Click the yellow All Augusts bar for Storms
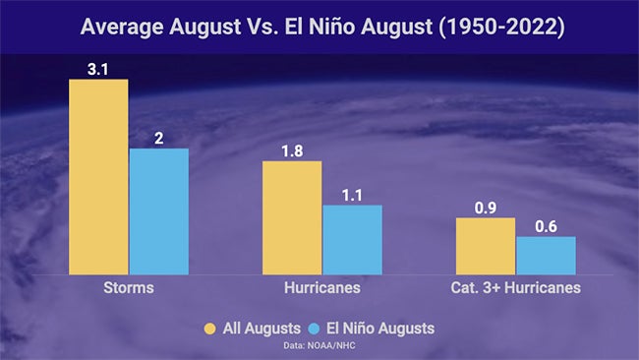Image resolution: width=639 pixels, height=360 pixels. [x=98, y=176]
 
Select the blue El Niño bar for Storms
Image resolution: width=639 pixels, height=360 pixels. [x=158, y=210]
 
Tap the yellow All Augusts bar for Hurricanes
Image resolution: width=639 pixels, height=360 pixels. [x=291, y=217]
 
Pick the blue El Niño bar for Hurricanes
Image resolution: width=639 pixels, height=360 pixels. [x=352, y=239]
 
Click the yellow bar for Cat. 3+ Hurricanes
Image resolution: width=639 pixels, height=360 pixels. [x=487, y=246]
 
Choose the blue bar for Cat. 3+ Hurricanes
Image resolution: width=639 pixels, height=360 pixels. [x=546, y=255]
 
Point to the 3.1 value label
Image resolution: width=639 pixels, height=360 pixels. [x=98, y=67]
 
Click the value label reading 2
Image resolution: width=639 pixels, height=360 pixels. [x=158, y=137]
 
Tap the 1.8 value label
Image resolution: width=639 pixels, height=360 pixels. [x=291, y=149]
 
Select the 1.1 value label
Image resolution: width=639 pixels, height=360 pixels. [x=352, y=193]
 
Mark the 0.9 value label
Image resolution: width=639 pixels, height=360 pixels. [x=487, y=206]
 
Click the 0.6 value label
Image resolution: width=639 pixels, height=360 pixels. [x=546, y=224]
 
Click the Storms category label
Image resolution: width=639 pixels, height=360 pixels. [x=128, y=289]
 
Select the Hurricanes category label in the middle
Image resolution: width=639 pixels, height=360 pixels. [x=321, y=289]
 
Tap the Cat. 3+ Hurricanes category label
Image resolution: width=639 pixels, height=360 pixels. [x=516, y=289]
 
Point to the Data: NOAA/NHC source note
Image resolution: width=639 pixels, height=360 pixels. [x=319, y=345]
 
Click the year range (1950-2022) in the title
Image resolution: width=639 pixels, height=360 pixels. [x=495, y=26]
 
